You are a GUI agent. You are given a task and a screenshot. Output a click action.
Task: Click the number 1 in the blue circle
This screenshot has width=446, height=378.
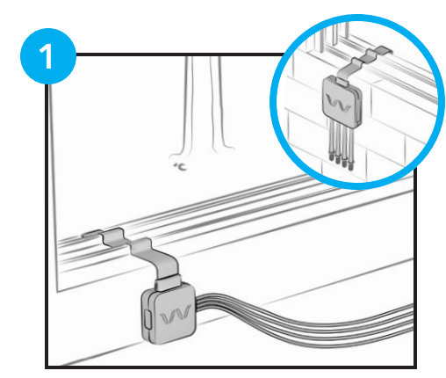[47, 57]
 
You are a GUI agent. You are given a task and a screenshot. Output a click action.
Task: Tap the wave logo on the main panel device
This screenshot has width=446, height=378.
[176, 316]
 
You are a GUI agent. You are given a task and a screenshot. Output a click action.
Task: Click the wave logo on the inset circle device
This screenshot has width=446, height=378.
[339, 103]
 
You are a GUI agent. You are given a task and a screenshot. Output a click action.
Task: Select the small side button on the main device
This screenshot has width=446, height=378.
[147, 319]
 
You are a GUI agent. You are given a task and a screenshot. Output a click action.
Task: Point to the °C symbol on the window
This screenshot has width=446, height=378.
[181, 167]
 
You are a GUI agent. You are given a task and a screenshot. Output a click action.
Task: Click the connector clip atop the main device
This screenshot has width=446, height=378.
[168, 284]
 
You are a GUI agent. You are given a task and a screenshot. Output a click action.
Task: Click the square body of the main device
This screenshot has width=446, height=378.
[169, 315]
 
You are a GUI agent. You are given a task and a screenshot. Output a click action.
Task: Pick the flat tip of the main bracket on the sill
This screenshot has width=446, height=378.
[91, 234]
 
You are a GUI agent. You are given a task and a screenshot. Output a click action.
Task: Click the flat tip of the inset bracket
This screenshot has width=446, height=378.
[384, 50]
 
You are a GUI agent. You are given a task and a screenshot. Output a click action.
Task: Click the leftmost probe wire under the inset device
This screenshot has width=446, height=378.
[331, 140]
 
